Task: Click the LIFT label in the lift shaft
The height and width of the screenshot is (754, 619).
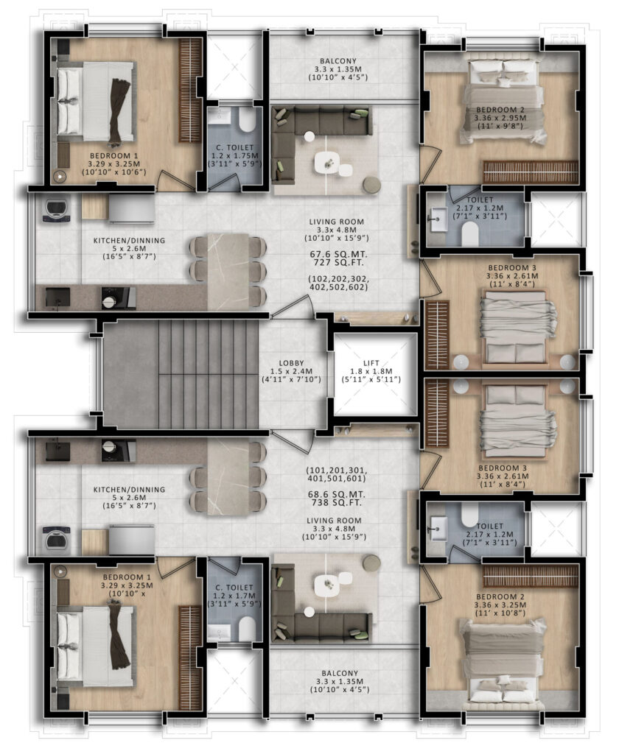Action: coord(371,363)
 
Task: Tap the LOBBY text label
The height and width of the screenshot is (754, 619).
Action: coord(291,363)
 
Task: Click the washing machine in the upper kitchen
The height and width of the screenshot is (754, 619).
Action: coord(56,208)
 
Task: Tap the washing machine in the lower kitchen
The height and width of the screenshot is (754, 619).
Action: coord(56,540)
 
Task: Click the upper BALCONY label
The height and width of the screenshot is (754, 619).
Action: coord(338,61)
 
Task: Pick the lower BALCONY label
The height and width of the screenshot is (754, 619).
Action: coord(340,673)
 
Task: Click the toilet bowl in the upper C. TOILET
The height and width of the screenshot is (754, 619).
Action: coord(247,119)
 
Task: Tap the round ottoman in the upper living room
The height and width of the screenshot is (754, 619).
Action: coord(371,185)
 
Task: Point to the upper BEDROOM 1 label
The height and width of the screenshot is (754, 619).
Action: coord(114,156)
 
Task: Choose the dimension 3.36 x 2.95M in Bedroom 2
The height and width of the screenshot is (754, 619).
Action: coord(500,118)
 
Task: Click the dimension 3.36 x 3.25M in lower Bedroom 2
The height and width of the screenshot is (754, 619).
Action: coord(500,605)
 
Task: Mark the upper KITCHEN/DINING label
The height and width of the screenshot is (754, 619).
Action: coord(129,241)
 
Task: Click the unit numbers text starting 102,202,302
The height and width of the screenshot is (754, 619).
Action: coord(338,283)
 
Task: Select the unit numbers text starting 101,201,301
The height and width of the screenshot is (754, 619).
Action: coord(337,475)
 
